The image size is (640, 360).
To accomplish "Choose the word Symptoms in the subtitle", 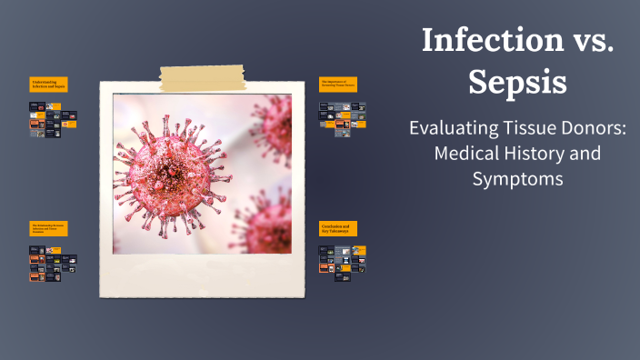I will (x=517, y=179).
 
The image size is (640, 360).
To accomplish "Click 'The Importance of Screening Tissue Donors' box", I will (x=338, y=85).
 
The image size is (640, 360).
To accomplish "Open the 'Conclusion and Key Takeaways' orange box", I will (x=338, y=229).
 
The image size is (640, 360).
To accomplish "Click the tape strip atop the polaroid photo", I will (x=201, y=78).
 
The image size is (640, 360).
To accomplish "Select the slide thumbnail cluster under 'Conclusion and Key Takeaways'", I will (x=341, y=263).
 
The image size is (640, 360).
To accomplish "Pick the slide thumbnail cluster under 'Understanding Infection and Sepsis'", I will (x=52, y=119).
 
